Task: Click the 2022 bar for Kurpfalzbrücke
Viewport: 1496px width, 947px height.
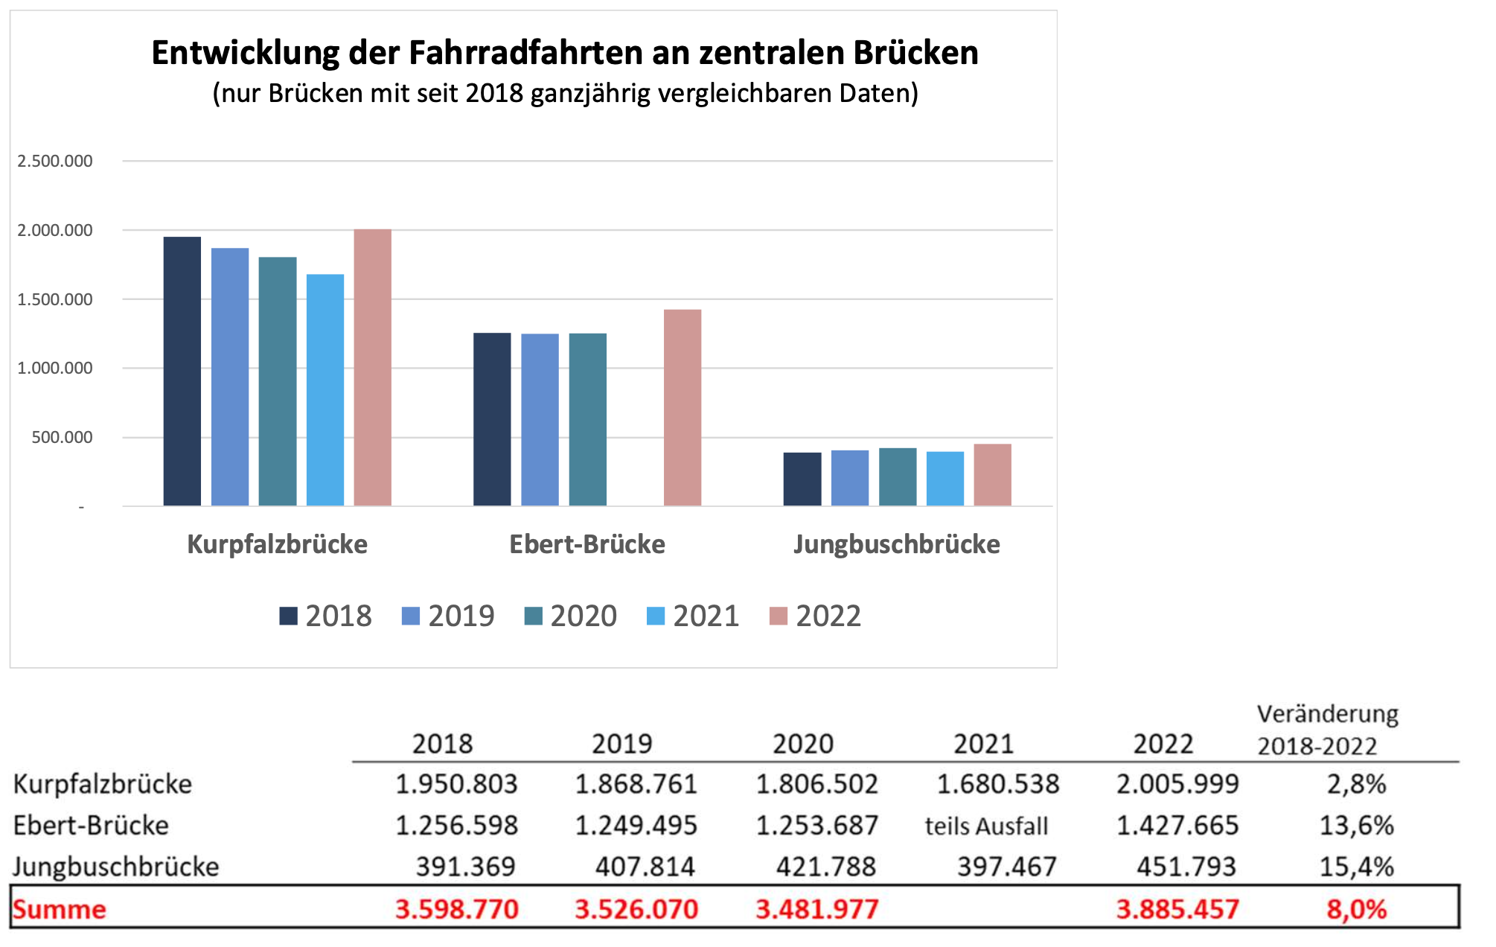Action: click(372, 368)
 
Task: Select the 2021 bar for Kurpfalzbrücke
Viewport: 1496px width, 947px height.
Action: click(325, 390)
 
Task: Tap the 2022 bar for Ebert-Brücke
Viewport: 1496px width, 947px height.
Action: click(683, 408)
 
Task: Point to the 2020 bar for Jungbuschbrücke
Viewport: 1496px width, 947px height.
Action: click(898, 477)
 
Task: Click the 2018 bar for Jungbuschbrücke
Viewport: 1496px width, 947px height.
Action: click(802, 479)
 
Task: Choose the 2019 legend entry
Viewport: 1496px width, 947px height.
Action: click(448, 616)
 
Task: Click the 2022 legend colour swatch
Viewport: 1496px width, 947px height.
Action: click(779, 616)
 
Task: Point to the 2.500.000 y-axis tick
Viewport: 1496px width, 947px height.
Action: click(55, 161)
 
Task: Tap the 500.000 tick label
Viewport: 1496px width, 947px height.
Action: click(62, 437)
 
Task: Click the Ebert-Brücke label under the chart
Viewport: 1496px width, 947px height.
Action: click(587, 544)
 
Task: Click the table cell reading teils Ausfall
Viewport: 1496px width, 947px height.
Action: click(986, 826)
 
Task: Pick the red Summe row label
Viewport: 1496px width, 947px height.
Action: click(60, 909)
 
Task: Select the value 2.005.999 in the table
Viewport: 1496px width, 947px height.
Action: click(1177, 784)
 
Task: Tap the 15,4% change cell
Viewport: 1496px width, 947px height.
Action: click(1356, 867)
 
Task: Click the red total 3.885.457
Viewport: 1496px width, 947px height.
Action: click(1177, 909)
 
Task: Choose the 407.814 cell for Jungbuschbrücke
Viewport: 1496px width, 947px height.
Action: click(645, 867)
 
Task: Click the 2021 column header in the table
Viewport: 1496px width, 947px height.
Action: click(983, 744)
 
